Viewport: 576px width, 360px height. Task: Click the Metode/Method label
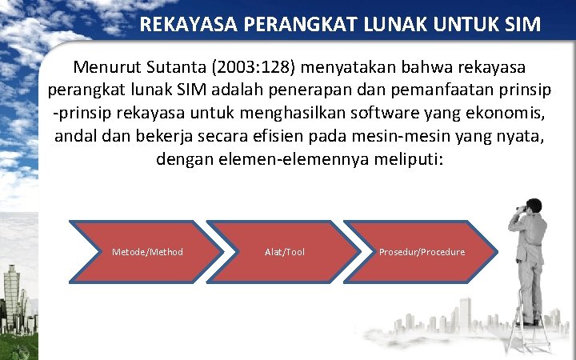(x=147, y=252)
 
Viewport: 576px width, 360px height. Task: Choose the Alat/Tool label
(x=285, y=252)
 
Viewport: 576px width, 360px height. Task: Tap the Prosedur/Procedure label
(x=422, y=252)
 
